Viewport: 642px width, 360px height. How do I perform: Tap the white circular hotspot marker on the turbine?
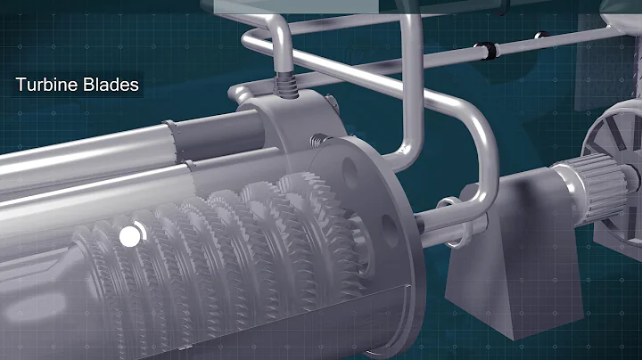coord(130,235)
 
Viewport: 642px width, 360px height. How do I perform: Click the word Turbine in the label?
coord(45,86)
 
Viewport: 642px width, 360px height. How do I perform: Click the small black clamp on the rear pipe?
coord(539,36)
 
